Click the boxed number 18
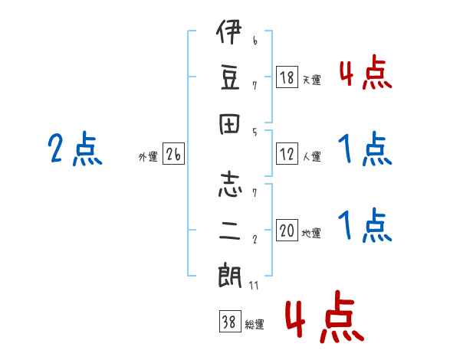pyautogui.click(x=287, y=78)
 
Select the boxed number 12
pyautogui.click(x=287, y=155)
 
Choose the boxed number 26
pyautogui.click(x=173, y=155)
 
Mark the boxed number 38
pyautogui.click(x=228, y=322)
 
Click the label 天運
pyautogui.click(x=311, y=80)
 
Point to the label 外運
pyautogui.click(x=148, y=156)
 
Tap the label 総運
pyautogui.click(x=254, y=324)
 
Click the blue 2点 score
pyautogui.click(x=74, y=149)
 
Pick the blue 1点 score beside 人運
pyautogui.click(x=365, y=149)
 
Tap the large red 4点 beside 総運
pyautogui.click(x=324, y=318)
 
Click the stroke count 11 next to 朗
pyautogui.click(x=254, y=286)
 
